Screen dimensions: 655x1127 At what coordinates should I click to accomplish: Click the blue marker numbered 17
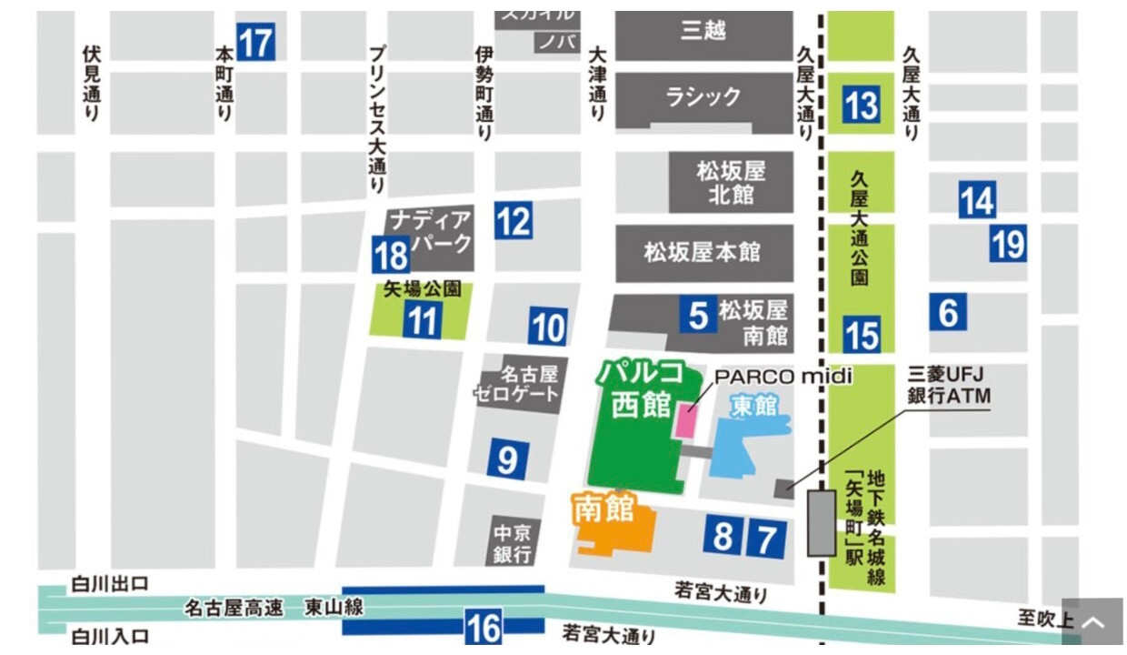point(255,42)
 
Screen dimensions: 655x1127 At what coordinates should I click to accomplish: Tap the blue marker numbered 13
point(861,105)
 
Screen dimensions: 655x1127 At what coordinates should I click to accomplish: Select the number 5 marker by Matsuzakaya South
point(698,315)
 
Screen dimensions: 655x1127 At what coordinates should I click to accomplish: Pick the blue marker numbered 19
point(1008,244)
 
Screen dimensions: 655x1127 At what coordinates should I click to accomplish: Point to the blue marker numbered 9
point(507,460)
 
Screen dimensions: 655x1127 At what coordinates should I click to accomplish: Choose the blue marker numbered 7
point(766,539)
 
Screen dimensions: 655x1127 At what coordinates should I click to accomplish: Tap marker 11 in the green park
point(423,321)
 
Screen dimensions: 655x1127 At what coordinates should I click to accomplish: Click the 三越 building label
point(703,31)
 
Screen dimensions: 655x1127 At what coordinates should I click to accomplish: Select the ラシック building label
point(703,96)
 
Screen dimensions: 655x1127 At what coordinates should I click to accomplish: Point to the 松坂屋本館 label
point(703,252)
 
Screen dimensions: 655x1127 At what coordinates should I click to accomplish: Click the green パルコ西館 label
point(641,389)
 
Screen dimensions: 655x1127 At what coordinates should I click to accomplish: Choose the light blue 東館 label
point(754,406)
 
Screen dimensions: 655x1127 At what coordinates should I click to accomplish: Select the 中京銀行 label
point(512,542)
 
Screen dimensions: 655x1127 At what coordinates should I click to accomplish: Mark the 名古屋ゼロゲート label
point(516,384)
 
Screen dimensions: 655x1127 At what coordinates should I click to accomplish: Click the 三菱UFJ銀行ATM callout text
point(948,386)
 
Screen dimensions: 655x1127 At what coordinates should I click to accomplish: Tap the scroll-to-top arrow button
point(1093,623)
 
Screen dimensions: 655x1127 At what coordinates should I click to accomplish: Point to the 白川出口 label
point(110,583)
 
